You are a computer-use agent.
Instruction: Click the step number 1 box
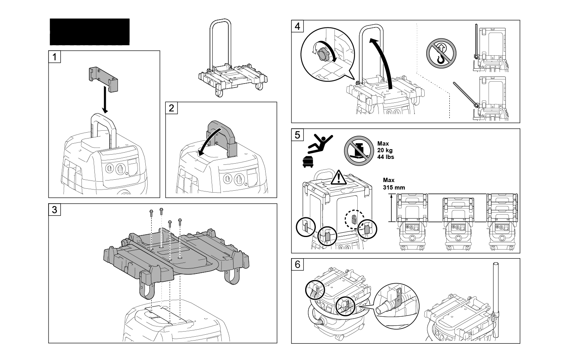[55, 57]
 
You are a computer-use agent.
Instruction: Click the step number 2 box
[172, 108]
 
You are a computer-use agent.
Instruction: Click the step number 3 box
[55, 210]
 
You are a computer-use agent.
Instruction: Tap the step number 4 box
[298, 26]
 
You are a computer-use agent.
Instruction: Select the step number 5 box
[298, 135]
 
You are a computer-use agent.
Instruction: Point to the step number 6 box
[298, 264]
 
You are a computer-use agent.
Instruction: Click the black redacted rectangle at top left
[89, 32]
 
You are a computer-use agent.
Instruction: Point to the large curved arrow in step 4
[384, 59]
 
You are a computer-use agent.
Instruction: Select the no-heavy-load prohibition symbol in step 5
[359, 151]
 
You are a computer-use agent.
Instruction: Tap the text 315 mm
[394, 188]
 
